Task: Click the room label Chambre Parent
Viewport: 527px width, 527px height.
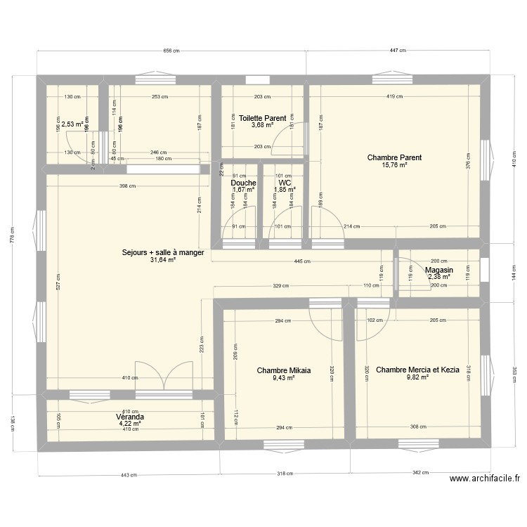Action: tap(394, 157)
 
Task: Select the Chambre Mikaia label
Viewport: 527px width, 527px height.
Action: tap(284, 370)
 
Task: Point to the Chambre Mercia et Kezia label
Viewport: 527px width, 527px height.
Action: tap(413, 370)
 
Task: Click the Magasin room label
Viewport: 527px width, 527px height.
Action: tap(438, 270)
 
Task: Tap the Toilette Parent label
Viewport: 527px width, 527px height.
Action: tap(262, 118)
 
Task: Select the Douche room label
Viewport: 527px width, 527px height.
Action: tap(243, 183)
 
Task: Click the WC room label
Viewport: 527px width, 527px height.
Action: tap(285, 183)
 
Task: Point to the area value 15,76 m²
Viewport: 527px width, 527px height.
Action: tap(394, 166)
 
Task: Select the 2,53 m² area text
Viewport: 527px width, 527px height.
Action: tap(72, 124)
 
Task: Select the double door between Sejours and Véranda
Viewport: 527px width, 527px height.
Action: tap(163, 379)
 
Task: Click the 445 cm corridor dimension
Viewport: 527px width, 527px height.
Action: tap(303, 261)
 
